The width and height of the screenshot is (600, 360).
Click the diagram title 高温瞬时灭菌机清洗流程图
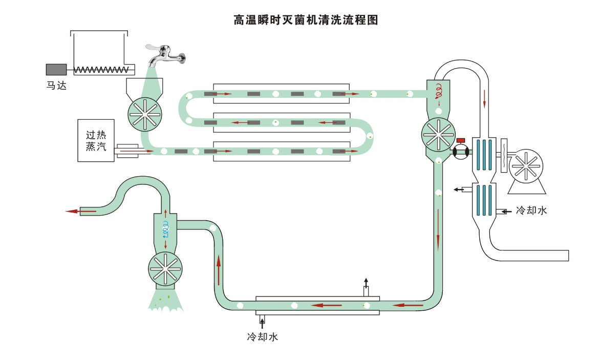[x=306, y=20]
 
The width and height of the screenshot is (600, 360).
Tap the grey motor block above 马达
[x=56, y=69]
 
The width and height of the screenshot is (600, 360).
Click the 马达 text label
[x=56, y=86]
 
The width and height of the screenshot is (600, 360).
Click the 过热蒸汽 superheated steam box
[x=96, y=140]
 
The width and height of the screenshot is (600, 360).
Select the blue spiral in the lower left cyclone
[x=165, y=229]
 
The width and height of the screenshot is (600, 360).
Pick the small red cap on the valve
[x=460, y=140]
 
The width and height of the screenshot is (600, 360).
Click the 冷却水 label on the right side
[x=531, y=210]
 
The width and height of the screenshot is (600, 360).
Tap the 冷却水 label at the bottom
[x=262, y=337]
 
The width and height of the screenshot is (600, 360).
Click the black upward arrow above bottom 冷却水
[x=366, y=282]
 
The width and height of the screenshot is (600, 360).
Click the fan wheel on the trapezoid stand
[x=526, y=167]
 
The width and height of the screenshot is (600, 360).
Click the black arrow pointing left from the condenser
[x=457, y=190]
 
